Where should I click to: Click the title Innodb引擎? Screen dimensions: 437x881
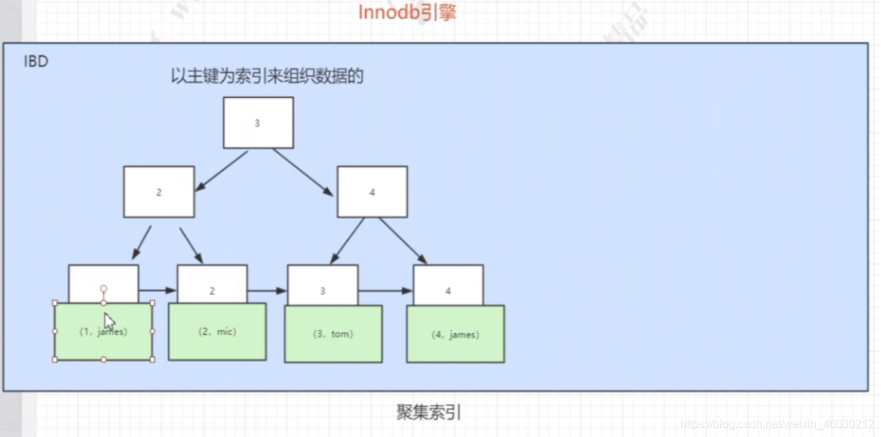pos(407,12)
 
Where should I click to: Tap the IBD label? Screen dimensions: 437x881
pos(36,62)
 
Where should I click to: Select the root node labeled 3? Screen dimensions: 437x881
pos(258,123)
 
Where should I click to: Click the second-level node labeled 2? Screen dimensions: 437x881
pos(159,192)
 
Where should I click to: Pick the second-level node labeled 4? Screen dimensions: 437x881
pos(372,192)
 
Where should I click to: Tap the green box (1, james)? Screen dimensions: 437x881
pos(103,331)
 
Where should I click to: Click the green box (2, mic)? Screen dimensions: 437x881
pos(217,331)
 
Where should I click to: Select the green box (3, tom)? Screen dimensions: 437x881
pos(333,333)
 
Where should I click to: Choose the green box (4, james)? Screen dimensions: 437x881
pos(455,334)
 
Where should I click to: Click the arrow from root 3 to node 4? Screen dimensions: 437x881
pos(302,172)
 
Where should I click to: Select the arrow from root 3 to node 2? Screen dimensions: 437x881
pos(222,171)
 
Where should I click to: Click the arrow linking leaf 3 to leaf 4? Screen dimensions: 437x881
pos(385,290)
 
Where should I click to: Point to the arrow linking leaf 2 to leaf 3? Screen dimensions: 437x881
pos(267,290)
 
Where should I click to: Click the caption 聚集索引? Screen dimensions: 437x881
pos(429,413)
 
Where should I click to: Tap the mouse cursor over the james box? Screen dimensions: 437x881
pos(109,321)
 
